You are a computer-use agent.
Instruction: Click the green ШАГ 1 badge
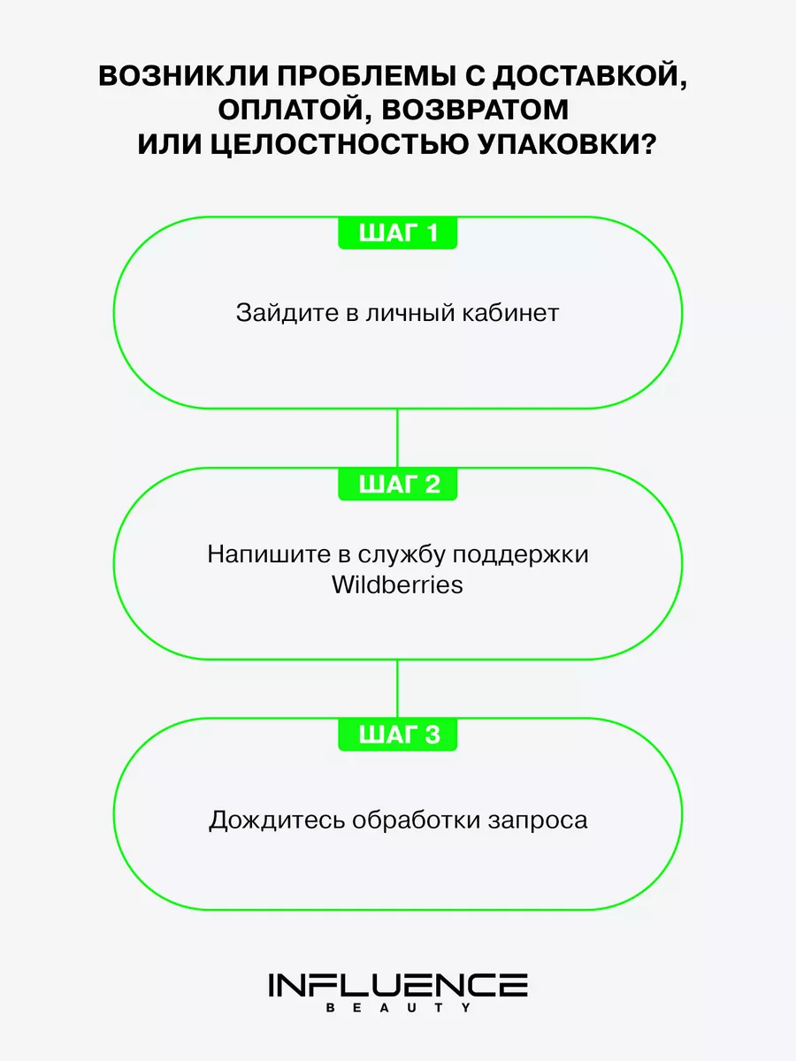coord(397,233)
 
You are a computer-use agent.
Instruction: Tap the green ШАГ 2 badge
coord(397,484)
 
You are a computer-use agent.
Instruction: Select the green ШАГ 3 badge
coord(397,735)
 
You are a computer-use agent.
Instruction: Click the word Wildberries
coord(397,585)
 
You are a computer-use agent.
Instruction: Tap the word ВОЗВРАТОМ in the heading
coord(475,110)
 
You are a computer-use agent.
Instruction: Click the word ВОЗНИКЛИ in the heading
coord(183,76)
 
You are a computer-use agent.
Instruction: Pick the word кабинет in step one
coord(511,313)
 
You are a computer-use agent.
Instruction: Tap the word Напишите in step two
coord(269,554)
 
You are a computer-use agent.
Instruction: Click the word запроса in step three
coord(538,821)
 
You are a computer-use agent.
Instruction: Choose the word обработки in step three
coord(416,820)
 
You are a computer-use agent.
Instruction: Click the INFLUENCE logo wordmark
coord(398,985)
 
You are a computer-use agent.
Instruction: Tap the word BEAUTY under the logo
coord(398,1008)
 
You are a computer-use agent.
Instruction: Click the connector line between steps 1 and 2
coord(397,439)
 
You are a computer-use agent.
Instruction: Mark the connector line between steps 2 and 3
coord(397,690)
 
